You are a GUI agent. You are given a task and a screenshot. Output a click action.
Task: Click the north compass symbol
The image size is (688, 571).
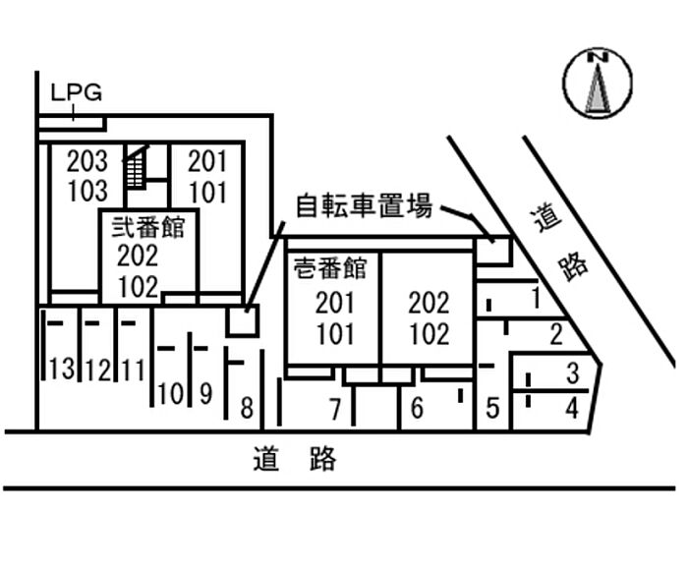click(x=597, y=84)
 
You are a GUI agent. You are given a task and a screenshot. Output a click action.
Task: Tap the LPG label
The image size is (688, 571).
click(x=76, y=93)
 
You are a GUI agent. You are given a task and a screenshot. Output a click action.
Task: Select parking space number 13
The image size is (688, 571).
click(x=61, y=371)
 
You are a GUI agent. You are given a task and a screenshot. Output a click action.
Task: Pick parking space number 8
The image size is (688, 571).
click(x=246, y=405)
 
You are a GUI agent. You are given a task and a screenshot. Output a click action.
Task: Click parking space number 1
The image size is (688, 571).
click(x=535, y=295)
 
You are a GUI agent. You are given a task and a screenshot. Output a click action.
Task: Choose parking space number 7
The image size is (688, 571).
click(x=334, y=407)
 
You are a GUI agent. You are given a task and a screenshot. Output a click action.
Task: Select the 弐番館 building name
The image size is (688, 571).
click(x=148, y=229)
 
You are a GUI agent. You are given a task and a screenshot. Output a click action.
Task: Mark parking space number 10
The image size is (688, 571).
click(x=170, y=395)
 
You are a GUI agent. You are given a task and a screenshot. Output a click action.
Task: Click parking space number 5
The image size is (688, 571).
click(x=493, y=406)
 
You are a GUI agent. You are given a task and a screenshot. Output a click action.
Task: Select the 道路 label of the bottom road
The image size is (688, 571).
click(x=294, y=458)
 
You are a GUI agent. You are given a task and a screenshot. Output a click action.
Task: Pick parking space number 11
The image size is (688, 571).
click(x=133, y=371)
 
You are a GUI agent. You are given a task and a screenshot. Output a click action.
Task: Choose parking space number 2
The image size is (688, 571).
click(x=555, y=334)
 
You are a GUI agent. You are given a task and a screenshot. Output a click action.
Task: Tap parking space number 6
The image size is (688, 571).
click(x=417, y=407)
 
